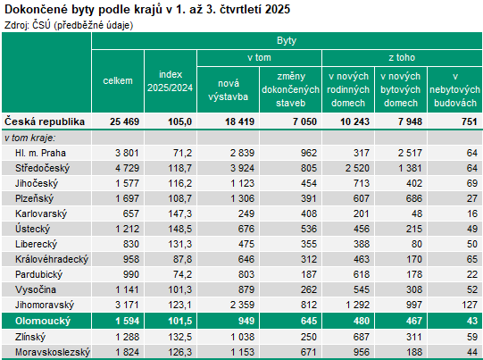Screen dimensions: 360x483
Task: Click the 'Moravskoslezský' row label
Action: [52, 352]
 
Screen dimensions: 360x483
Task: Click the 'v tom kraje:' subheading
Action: [29, 138]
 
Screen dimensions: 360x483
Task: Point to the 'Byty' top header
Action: [287, 41]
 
